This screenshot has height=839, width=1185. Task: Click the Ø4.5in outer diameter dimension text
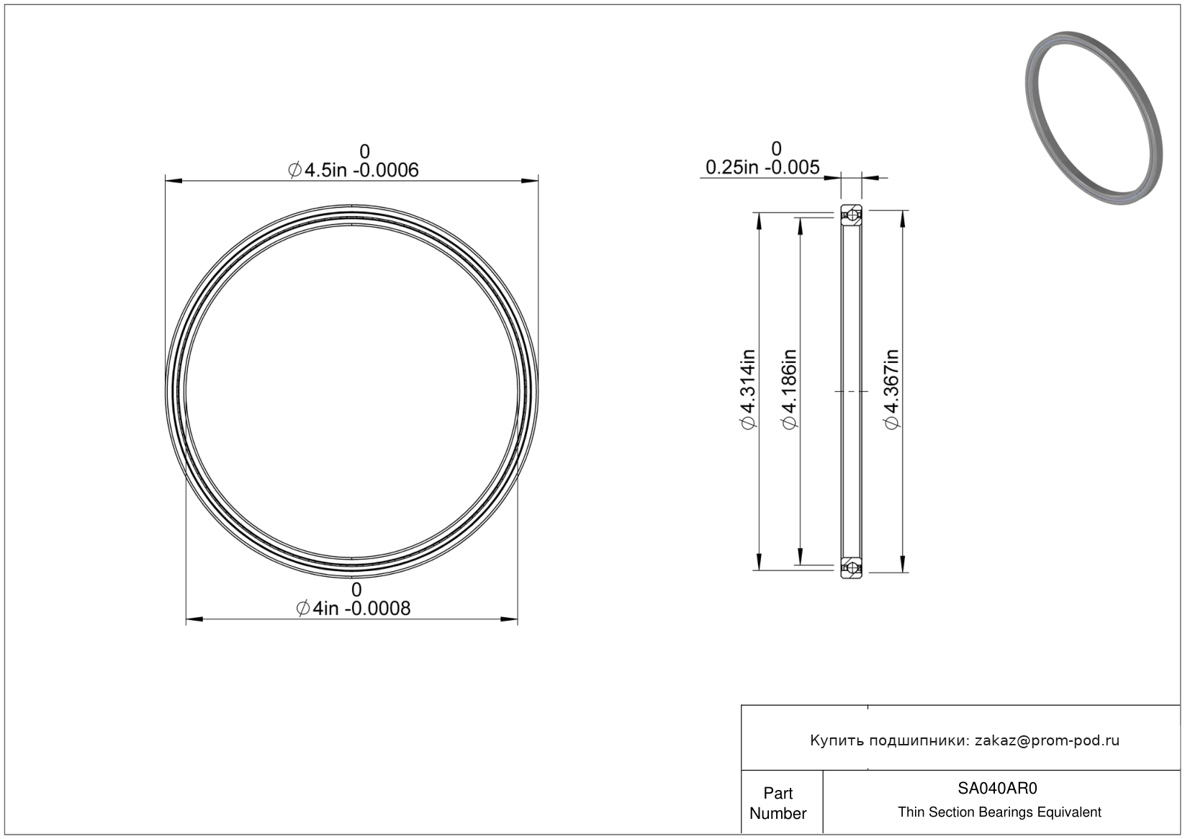pyautogui.click(x=353, y=170)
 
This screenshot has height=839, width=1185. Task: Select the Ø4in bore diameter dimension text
pyautogui.click(x=353, y=609)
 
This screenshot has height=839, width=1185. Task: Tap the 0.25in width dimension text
pyautogui.click(x=762, y=167)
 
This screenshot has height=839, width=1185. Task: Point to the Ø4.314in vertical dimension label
pyautogui.click(x=748, y=390)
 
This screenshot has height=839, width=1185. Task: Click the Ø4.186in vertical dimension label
pyautogui.click(x=789, y=390)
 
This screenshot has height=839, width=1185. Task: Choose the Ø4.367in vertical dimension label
pyautogui.click(x=891, y=390)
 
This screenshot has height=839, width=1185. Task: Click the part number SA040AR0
pyautogui.click(x=997, y=788)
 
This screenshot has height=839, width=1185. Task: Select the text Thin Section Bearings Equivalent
pyautogui.click(x=999, y=812)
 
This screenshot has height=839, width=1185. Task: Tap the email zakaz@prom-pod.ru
pyautogui.click(x=1047, y=740)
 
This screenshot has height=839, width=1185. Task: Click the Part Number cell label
pyautogui.click(x=778, y=802)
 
